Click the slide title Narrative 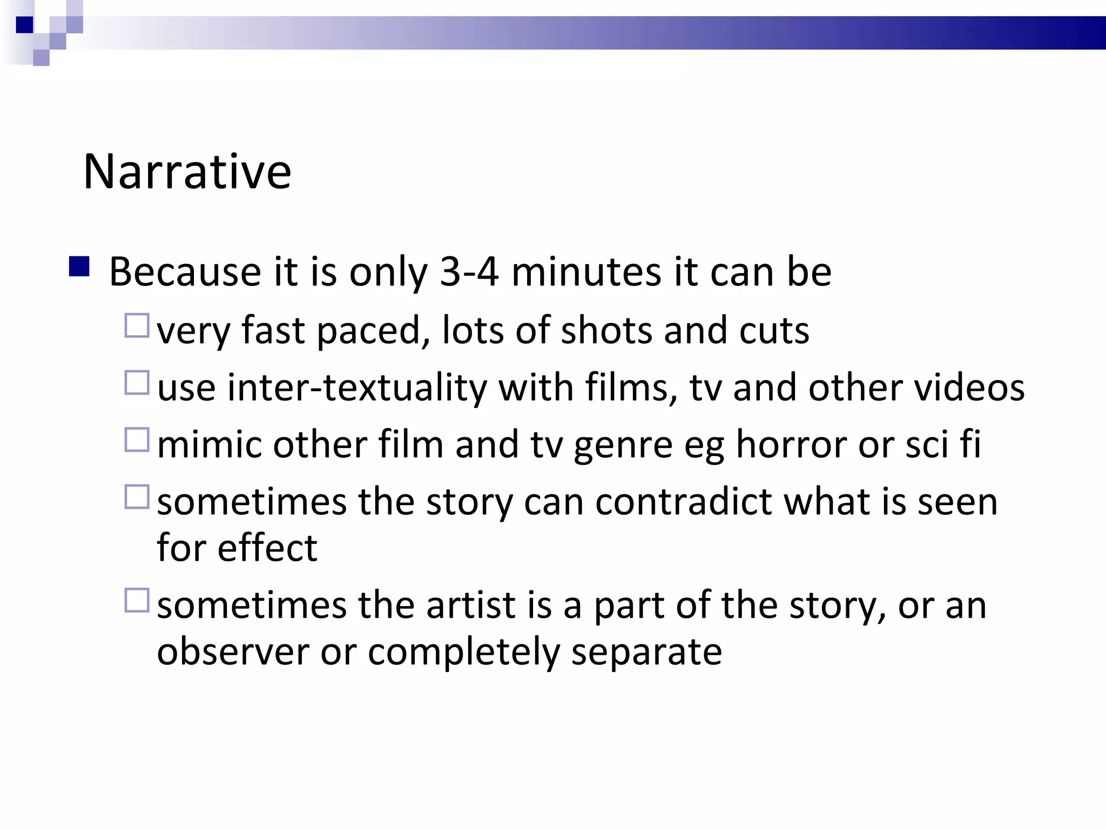tap(187, 172)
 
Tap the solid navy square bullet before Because tap(79, 267)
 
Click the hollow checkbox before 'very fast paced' tap(137, 325)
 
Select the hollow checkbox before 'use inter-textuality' tap(137, 383)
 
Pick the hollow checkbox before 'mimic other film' tap(137, 440)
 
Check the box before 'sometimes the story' tap(137, 497)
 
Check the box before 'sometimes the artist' tap(137, 600)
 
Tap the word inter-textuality tap(357, 388)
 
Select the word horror tap(791, 445)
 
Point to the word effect tap(267, 548)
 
